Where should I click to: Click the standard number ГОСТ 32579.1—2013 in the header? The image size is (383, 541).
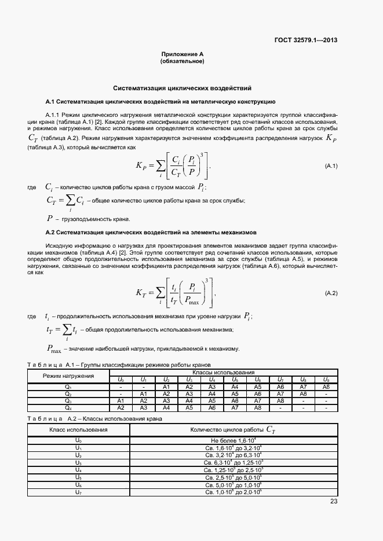[x=306, y=40]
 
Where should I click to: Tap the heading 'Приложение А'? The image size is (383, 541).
[x=182, y=54]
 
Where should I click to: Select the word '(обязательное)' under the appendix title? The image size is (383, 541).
[x=182, y=61]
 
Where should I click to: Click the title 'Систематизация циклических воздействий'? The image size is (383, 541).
[x=182, y=89]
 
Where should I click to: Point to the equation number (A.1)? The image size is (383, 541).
[x=331, y=166]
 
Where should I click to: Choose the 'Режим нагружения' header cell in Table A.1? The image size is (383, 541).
[x=69, y=376]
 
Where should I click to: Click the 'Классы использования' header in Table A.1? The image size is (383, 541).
[x=224, y=373]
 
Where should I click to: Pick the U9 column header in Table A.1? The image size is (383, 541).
[x=326, y=380]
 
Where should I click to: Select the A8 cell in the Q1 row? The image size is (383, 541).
[x=326, y=387]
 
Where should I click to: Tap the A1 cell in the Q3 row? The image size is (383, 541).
[x=121, y=400]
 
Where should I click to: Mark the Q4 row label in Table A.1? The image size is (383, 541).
[x=68, y=407]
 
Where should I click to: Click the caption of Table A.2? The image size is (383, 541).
[x=96, y=418]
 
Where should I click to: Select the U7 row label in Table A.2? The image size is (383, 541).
[x=79, y=492]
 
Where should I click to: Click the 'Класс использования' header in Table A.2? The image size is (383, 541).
[x=79, y=430]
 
